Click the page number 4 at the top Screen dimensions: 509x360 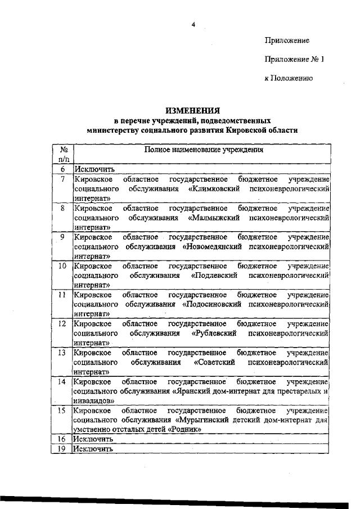(193, 24)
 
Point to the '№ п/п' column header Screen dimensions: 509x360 (64, 155)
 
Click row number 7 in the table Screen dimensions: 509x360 (64, 178)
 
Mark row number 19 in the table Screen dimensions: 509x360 (64, 449)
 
